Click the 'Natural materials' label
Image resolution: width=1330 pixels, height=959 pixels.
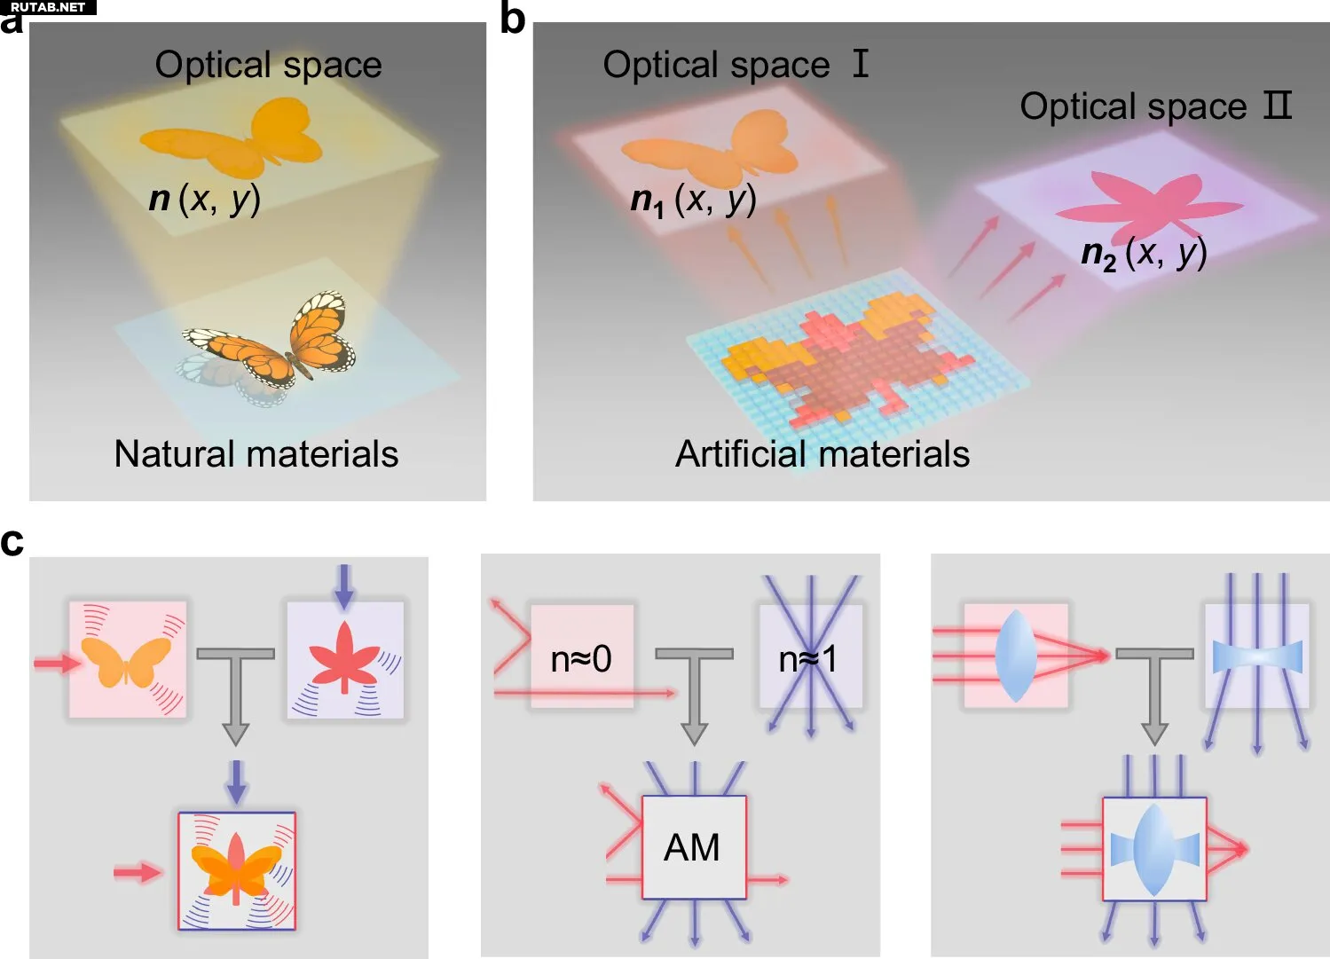coord(256,454)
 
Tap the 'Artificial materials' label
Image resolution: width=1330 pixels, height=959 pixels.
coord(822,454)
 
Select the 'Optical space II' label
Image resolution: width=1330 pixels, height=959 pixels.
coord(1155,106)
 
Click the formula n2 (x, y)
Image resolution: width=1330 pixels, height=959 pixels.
coord(1144,254)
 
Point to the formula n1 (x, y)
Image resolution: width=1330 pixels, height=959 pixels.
coord(693,200)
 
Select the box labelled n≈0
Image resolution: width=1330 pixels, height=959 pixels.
coord(582,657)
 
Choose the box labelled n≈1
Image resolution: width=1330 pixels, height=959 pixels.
coord(810,657)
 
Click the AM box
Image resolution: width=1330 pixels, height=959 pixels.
coord(693,847)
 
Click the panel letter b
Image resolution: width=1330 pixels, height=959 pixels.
coord(513,18)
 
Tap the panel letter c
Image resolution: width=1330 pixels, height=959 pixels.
coord(12,541)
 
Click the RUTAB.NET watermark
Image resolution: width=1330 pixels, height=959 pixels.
coord(48,7)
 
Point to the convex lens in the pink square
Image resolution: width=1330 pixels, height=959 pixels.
coord(1016,656)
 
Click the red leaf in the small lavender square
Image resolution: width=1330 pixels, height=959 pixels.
coord(344,657)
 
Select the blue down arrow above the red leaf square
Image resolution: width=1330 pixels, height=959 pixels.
coord(343,586)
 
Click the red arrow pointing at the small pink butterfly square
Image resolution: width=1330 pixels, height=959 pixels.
coord(55,663)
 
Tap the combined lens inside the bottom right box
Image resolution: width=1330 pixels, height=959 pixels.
coord(1153,849)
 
